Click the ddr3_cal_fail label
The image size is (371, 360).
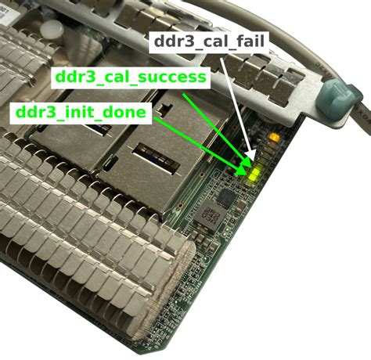tap(209, 41)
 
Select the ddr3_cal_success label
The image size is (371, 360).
tap(131, 77)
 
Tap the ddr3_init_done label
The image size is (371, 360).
tap(81, 113)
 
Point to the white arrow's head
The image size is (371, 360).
tap(252, 156)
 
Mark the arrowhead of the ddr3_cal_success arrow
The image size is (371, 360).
tap(247, 164)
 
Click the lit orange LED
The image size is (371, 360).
tap(275, 137)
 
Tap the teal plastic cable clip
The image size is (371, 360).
tap(337, 99)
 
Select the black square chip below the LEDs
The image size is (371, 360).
tap(227, 197)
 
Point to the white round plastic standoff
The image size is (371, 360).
tap(52, 30)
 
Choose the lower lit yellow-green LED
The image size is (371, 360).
tap(253, 178)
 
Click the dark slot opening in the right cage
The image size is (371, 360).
tap(156, 158)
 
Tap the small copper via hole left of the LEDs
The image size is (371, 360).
tap(201, 175)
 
